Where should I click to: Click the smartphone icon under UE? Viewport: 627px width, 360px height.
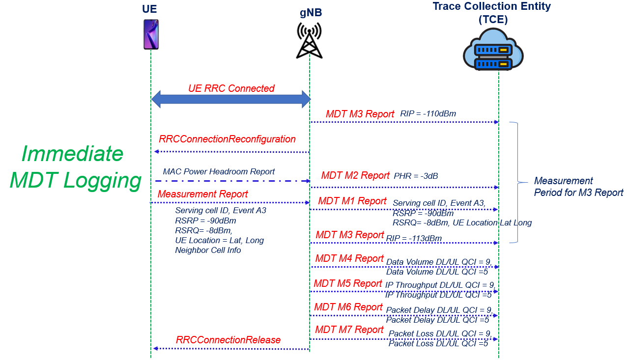pyautogui.click(x=151, y=34)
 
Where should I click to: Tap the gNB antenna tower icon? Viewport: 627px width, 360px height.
pyautogui.click(x=309, y=40)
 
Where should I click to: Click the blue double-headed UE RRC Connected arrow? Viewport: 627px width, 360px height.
pyautogui.click(x=231, y=99)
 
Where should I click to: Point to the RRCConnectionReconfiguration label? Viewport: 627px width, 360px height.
pyautogui.click(x=227, y=139)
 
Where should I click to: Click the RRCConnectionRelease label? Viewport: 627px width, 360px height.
pyautogui.click(x=228, y=340)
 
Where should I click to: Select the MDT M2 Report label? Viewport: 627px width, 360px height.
pyautogui.click(x=355, y=175)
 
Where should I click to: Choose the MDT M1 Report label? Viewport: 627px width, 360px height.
pyautogui.click(x=352, y=201)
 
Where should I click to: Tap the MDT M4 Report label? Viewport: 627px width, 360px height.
pyautogui.click(x=349, y=258)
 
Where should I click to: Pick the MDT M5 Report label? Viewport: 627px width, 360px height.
pyautogui.click(x=348, y=283)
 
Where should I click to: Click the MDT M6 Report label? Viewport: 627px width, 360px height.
pyautogui.click(x=349, y=307)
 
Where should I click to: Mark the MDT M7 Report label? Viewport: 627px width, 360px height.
pyautogui.click(x=349, y=330)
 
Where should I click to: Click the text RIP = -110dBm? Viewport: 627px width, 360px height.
pyautogui.click(x=428, y=114)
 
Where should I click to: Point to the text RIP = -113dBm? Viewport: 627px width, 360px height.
pyautogui.click(x=414, y=239)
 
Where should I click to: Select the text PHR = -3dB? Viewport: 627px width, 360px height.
pyautogui.click(x=416, y=176)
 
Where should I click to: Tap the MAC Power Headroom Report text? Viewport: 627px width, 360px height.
pyautogui.click(x=219, y=171)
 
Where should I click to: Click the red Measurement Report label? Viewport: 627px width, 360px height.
pyautogui.click(x=203, y=194)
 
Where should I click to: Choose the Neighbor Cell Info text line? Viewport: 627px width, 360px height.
pyautogui.click(x=208, y=250)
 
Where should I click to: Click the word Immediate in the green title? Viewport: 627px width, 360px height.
pyautogui.click(x=72, y=154)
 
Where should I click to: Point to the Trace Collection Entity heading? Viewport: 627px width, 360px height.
pyautogui.click(x=491, y=7)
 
